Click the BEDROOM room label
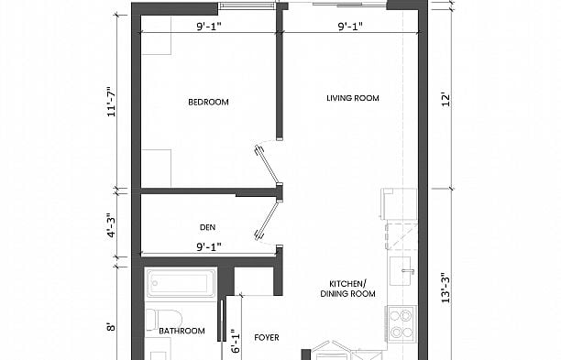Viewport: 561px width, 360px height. [208, 102]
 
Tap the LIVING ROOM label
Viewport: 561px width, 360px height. [353, 98]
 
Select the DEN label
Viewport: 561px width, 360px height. [207, 227]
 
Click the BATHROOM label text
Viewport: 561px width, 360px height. [181, 331]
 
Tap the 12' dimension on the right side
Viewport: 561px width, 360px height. [445, 98]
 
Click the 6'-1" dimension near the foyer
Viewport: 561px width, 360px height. [234, 342]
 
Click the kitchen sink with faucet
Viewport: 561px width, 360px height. [401, 271]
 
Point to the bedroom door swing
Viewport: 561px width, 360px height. [265, 163]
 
